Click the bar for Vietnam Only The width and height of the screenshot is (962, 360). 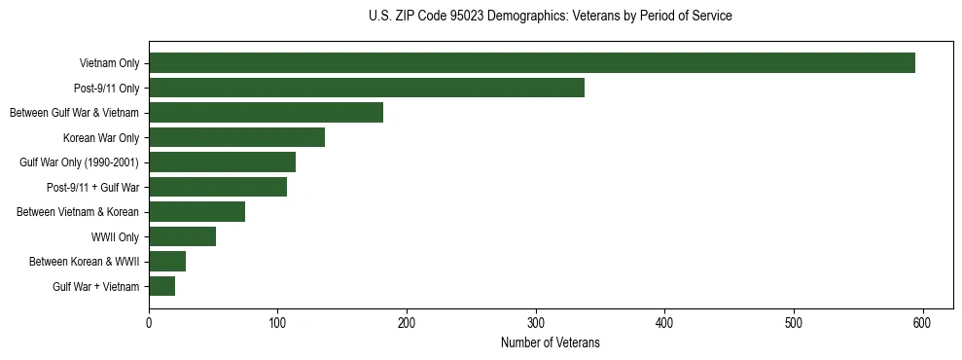tap(532, 63)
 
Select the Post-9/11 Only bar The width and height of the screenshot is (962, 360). tap(367, 88)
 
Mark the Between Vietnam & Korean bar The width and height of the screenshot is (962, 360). tap(196, 212)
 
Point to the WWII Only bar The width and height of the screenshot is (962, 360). tap(182, 236)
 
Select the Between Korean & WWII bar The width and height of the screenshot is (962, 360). tap(167, 262)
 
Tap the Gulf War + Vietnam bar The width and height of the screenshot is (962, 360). tap(161, 286)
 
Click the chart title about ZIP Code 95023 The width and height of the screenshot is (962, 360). tap(551, 17)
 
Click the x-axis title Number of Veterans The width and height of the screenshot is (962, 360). tap(551, 343)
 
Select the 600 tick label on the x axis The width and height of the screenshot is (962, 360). tap(923, 322)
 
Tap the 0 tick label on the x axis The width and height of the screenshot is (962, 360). tap(149, 322)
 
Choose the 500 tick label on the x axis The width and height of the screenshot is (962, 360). tap(794, 322)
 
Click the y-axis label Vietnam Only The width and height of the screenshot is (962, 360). tap(109, 64)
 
